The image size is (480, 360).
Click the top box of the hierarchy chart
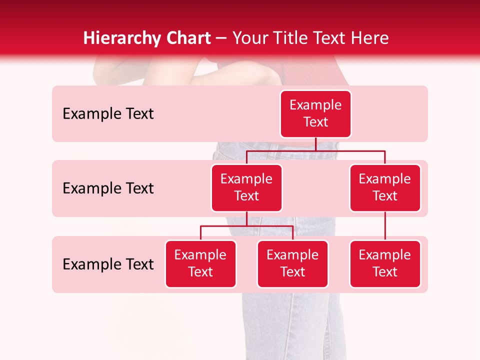[x=315, y=114]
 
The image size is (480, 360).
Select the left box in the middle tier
[x=246, y=188]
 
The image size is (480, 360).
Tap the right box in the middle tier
[x=385, y=188]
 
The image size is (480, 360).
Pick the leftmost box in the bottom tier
[x=200, y=264]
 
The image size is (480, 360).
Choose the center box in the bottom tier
[x=292, y=264]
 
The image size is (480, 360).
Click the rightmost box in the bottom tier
[x=385, y=264]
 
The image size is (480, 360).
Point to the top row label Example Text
[x=108, y=114]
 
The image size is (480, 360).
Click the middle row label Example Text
[x=108, y=188]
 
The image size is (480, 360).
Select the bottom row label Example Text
[x=108, y=264]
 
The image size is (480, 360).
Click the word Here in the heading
[x=370, y=38]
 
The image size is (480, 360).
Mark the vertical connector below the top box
[x=315, y=144]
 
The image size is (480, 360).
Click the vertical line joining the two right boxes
[x=385, y=226]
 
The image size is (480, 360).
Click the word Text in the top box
[x=315, y=122]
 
